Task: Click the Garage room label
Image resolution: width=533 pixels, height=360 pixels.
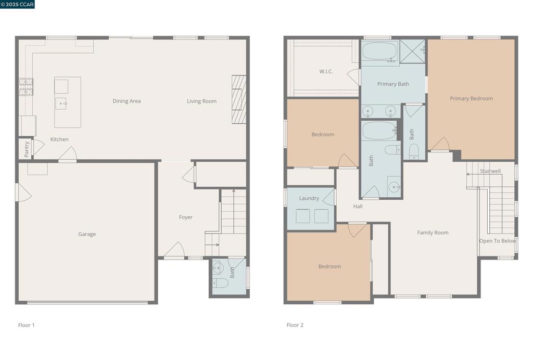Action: [x=87, y=234]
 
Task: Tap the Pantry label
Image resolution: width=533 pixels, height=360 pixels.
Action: [x=27, y=149]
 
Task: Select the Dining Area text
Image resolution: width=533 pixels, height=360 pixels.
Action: [x=126, y=101]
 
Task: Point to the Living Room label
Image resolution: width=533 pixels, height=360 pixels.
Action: [x=201, y=101]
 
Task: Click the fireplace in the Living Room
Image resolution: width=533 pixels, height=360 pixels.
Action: [x=238, y=99]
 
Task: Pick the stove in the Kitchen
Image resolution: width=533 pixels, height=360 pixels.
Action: [x=26, y=87]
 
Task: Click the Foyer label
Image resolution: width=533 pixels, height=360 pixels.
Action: [x=186, y=217]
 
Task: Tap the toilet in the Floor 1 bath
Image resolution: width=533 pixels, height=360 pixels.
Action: [x=220, y=283]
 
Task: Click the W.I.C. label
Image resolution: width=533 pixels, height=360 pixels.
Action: [x=326, y=71]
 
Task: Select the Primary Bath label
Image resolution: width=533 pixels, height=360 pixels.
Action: [x=393, y=84]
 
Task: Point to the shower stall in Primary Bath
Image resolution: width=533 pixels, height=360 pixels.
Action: [x=412, y=52]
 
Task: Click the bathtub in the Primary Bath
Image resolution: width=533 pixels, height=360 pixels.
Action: [x=380, y=52]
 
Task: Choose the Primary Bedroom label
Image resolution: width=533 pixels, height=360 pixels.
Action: [x=471, y=98]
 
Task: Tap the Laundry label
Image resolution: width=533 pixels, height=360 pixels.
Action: [x=309, y=198]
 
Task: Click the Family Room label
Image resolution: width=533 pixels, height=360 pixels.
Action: [x=433, y=233]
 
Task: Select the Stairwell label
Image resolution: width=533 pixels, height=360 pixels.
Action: [x=490, y=171]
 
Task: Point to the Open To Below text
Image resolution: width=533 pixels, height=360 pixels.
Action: [x=498, y=241]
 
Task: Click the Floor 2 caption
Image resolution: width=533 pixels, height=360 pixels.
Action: [x=295, y=325]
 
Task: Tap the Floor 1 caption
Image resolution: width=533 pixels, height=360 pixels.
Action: [x=26, y=325]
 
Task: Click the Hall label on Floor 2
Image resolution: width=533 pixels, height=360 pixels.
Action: [x=358, y=207]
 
